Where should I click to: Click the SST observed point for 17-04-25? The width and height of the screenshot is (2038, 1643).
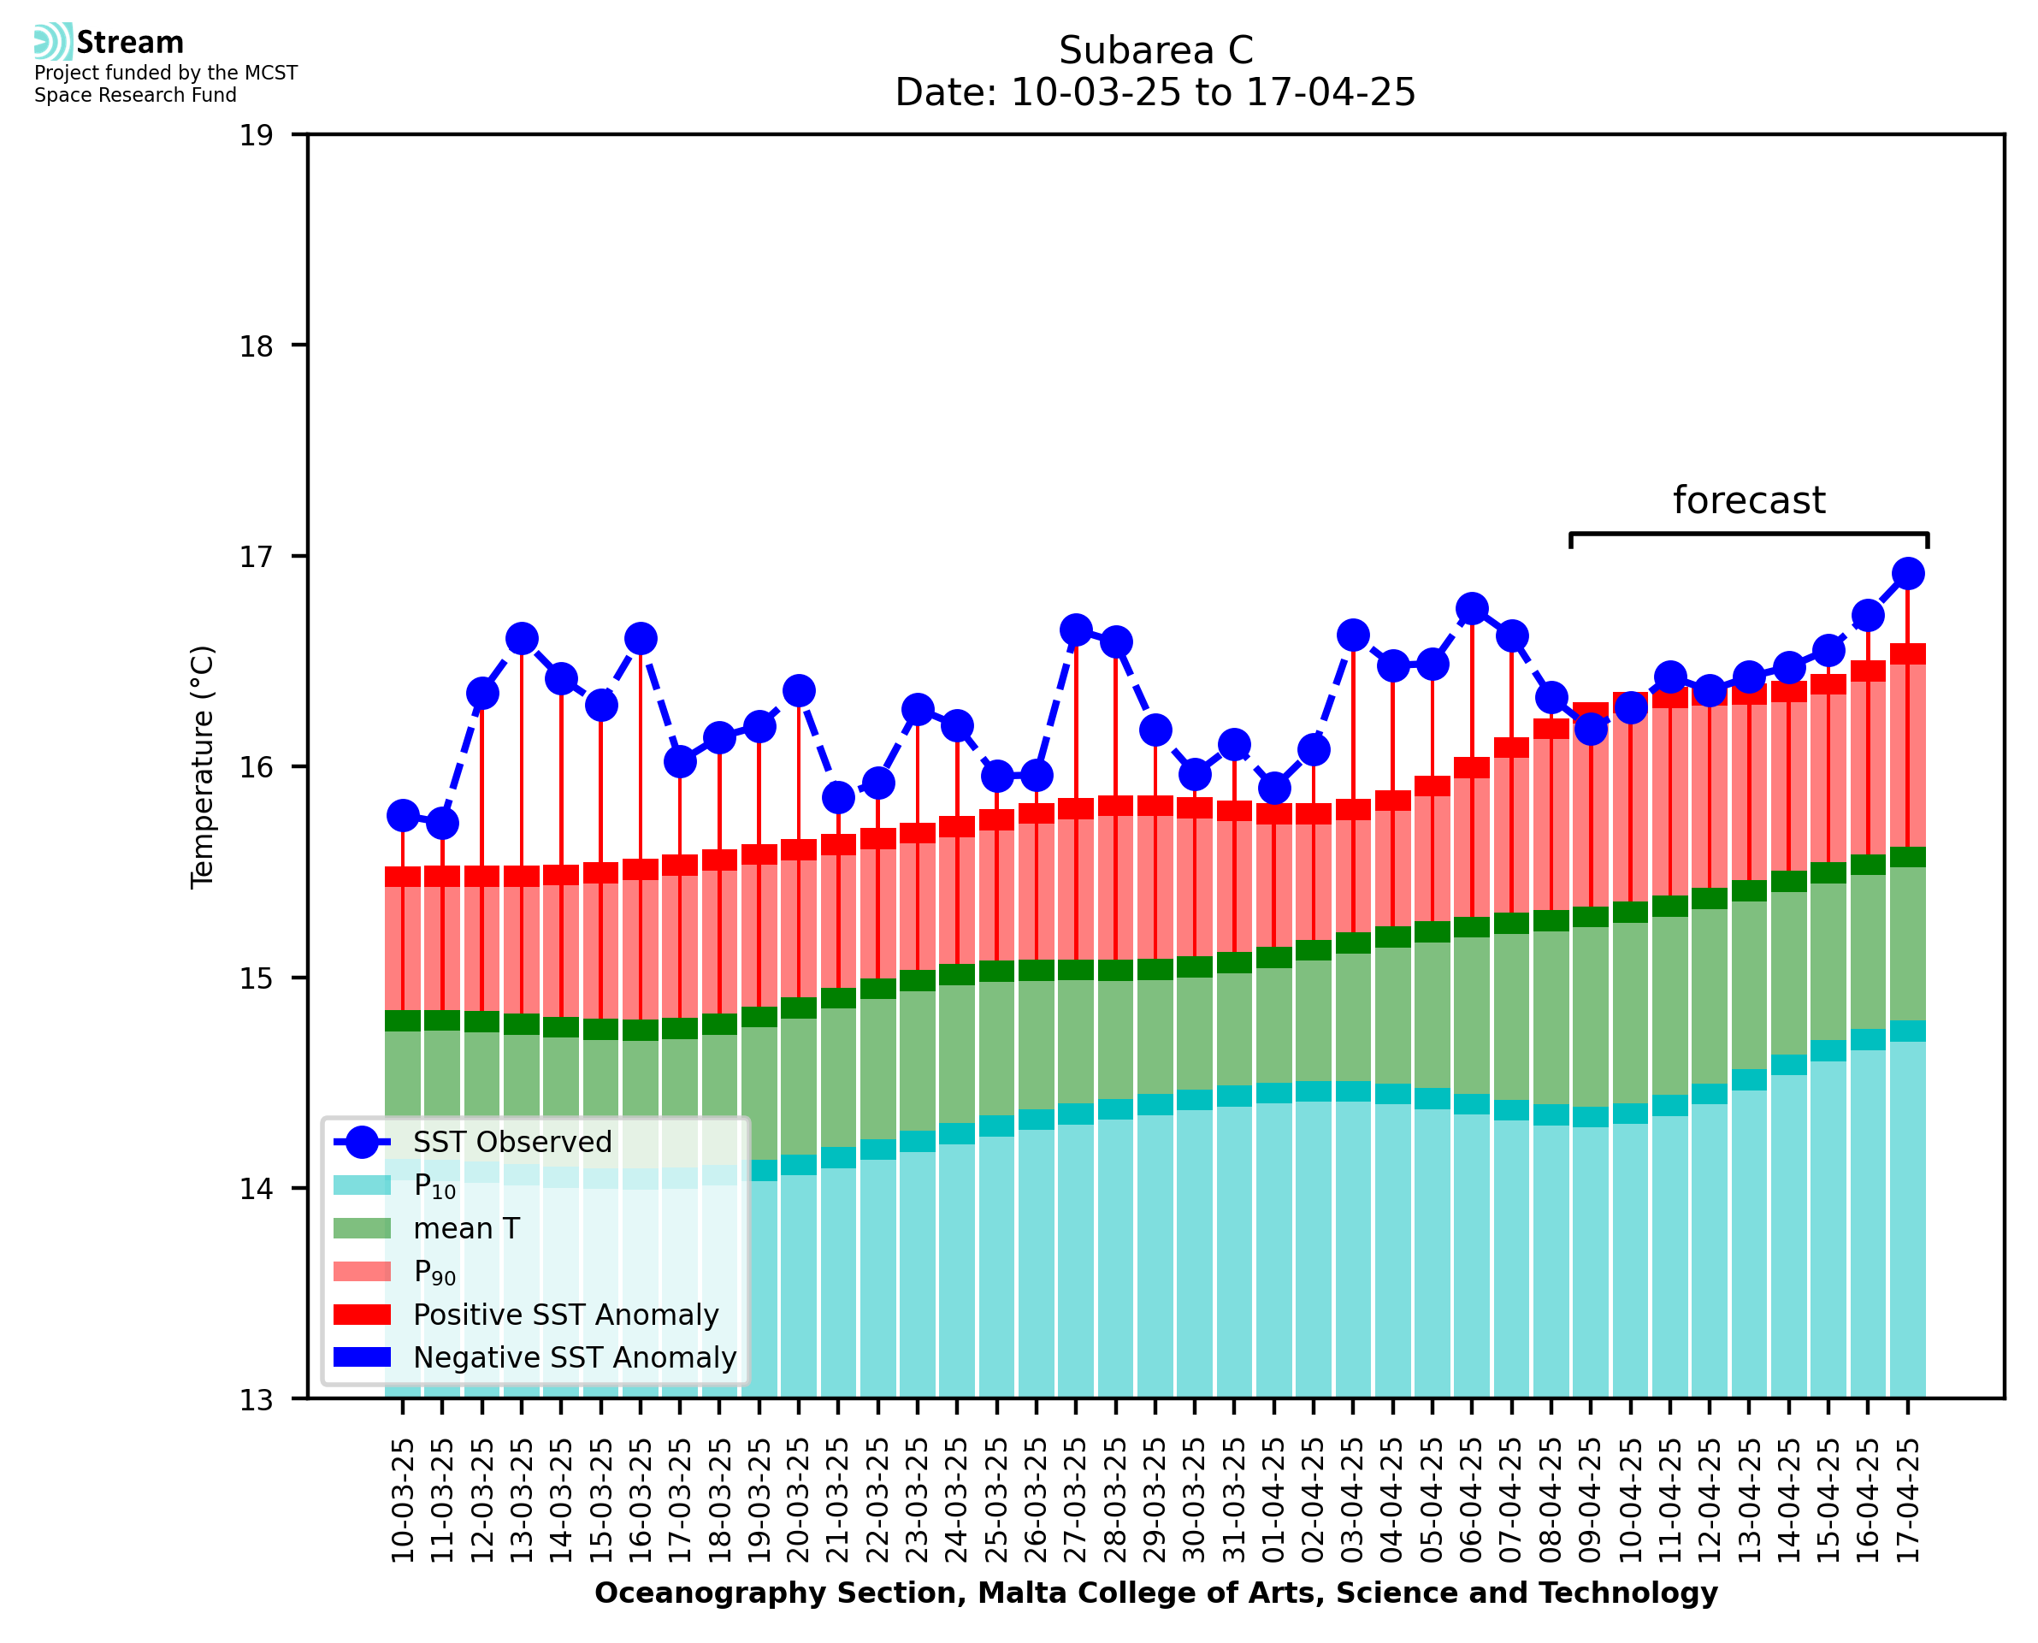(x=1907, y=574)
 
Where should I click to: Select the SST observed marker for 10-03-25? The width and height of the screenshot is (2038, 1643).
(x=403, y=816)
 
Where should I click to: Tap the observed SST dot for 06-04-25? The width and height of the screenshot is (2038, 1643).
(x=1472, y=609)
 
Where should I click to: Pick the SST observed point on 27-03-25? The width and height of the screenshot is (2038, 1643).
(x=1076, y=629)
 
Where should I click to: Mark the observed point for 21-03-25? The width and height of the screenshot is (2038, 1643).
(x=838, y=798)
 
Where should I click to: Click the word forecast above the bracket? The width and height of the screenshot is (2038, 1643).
(x=1748, y=500)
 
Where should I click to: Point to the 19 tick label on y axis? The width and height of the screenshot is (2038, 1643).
(x=256, y=136)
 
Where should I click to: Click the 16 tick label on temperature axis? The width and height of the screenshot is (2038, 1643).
(x=256, y=767)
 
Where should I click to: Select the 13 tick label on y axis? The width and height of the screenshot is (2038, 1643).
(x=256, y=1400)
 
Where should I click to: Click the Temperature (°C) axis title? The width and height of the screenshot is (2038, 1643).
(x=203, y=767)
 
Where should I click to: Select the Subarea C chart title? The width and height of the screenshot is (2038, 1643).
(x=1155, y=50)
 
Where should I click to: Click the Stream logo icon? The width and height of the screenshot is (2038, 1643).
(x=53, y=42)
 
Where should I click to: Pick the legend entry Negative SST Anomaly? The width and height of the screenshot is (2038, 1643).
(x=575, y=1357)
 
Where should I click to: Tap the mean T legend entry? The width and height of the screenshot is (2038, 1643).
(x=466, y=1228)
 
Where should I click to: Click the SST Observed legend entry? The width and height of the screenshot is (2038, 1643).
(x=512, y=1143)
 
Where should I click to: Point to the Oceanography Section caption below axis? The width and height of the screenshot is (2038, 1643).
(x=1155, y=1593)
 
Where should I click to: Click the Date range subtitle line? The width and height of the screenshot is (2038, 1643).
(x=1155, y=92)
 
